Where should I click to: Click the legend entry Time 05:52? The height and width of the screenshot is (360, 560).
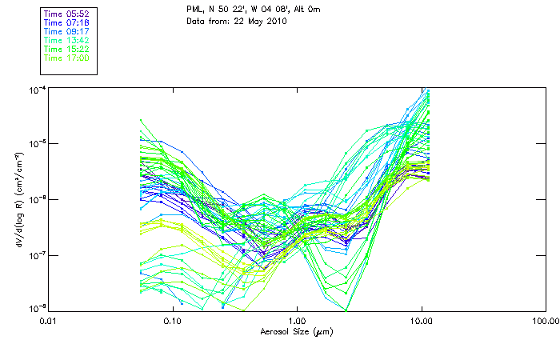coord(66,14)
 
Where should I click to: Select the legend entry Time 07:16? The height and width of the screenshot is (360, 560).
coord(66,23)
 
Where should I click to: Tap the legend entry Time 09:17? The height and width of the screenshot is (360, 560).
coord(66,32)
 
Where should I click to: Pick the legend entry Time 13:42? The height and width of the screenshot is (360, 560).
coord(66,41)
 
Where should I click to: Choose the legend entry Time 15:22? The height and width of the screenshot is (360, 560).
coord(66,50)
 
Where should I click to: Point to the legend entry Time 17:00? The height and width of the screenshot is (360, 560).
coord(66,58)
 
